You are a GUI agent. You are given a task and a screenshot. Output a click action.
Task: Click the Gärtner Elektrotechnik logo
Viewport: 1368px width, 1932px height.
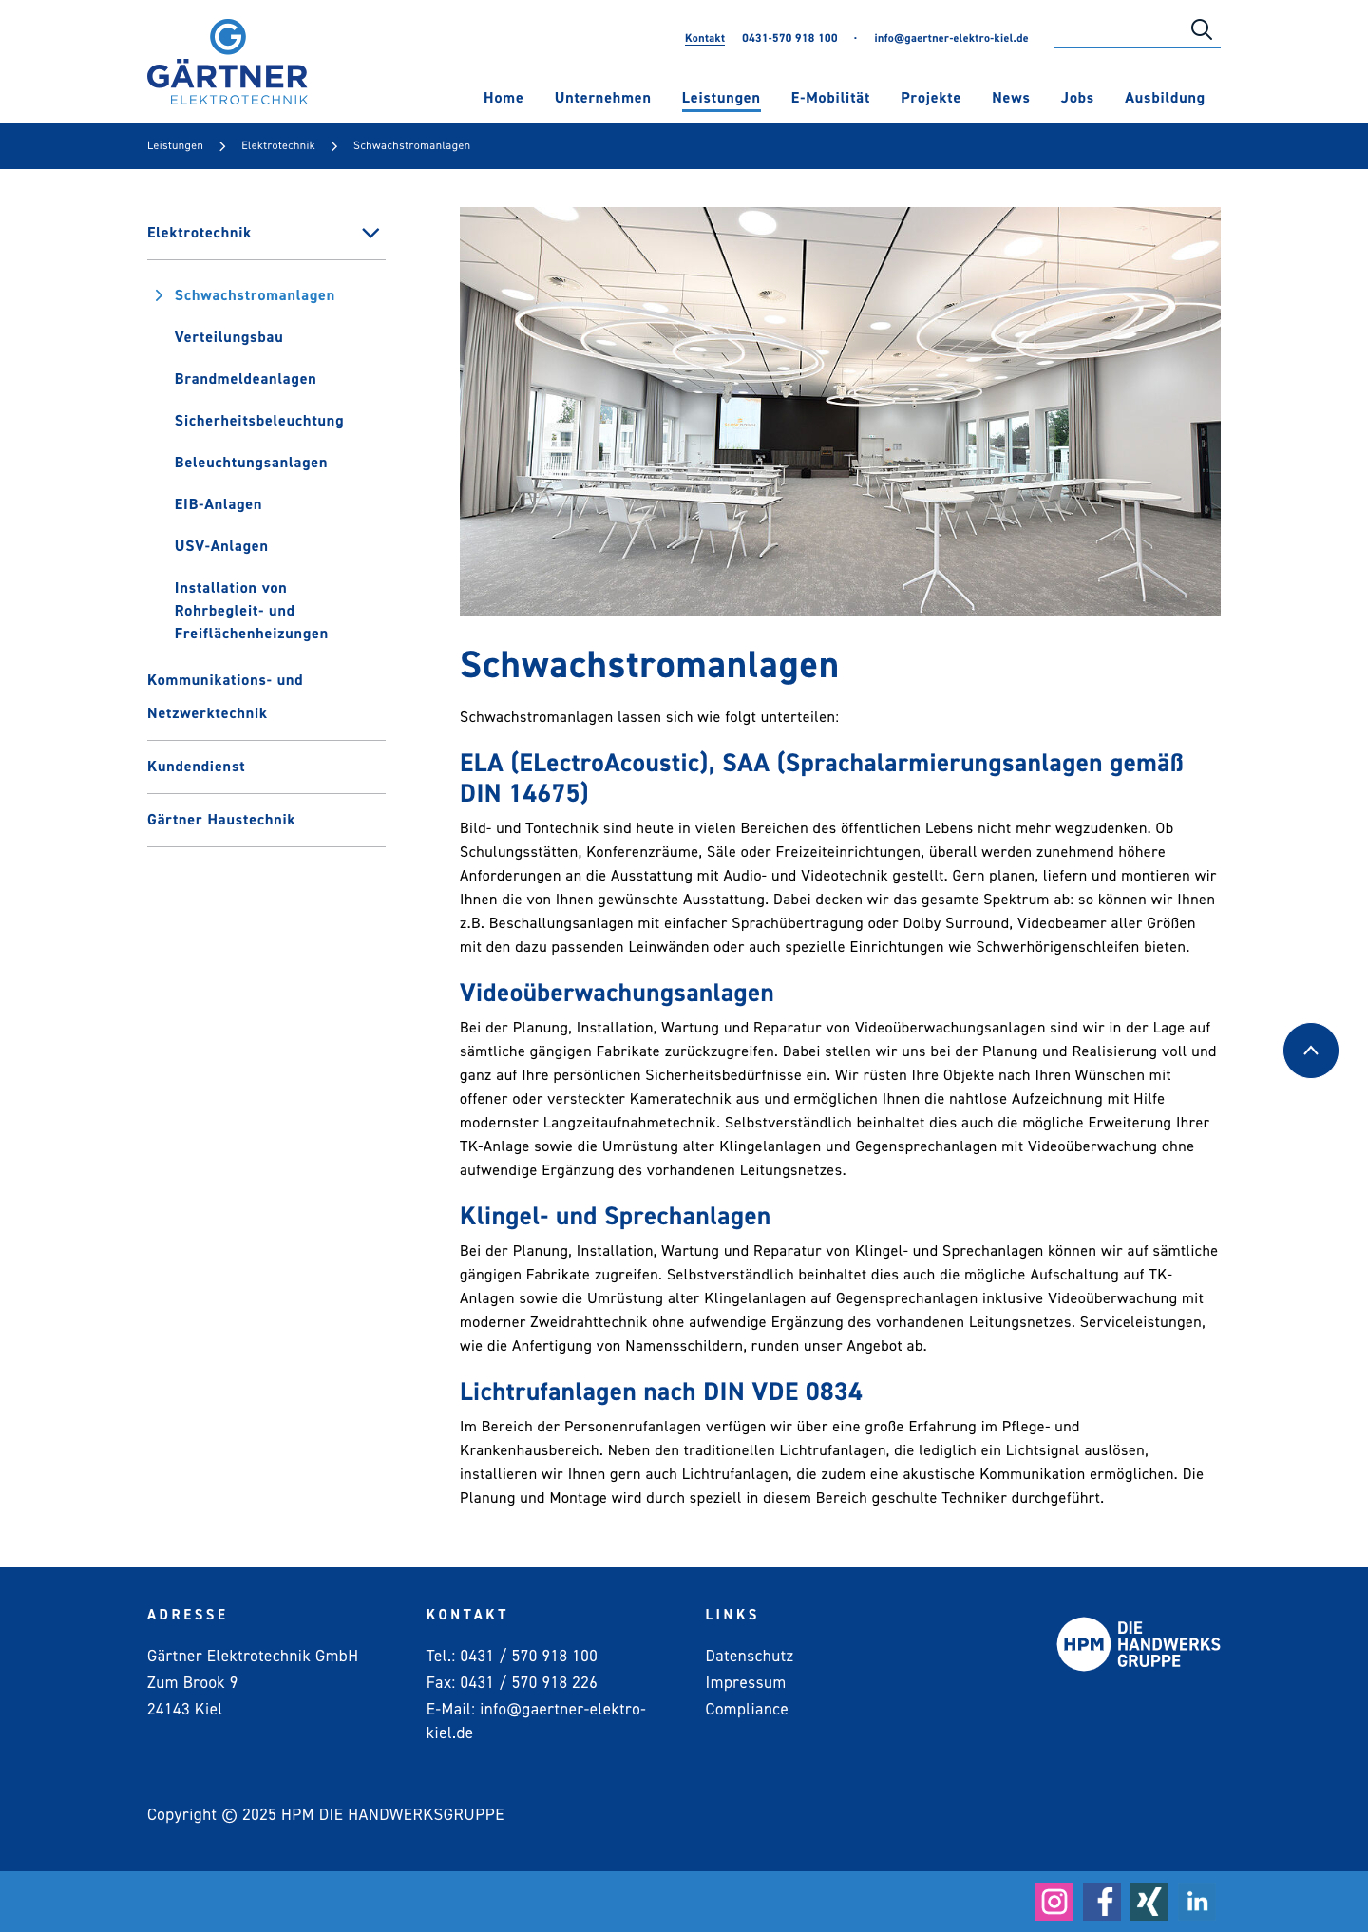point(227,63)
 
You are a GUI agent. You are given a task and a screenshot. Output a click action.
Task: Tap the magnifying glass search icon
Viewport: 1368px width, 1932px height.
point(1201,29)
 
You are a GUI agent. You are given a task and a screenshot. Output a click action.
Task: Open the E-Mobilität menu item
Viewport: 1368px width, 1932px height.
point(830,98)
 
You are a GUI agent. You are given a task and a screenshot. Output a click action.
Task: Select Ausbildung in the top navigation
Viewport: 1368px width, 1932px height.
point(1164,98)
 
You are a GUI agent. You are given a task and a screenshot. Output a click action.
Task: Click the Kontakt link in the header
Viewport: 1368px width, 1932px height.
point(704,39)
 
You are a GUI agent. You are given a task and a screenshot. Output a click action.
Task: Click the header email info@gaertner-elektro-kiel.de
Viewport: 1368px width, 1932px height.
point(951,39)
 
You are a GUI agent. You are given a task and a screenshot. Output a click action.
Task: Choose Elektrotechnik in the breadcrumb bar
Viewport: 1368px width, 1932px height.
point(277,146)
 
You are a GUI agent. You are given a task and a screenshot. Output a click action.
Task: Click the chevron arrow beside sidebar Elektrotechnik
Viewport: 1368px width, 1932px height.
point(370,233)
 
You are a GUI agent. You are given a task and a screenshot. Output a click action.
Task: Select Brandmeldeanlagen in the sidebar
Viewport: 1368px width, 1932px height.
point(245,379)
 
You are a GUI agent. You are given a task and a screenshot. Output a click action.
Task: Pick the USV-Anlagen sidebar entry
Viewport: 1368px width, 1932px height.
point(221,546)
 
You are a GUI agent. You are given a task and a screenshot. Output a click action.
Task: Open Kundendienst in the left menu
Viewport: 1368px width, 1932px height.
point(196,767)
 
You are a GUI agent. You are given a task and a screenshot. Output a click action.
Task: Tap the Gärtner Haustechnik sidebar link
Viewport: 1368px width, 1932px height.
point(221,820)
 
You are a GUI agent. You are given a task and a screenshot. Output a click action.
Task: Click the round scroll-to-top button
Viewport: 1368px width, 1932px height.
point(1310,1051)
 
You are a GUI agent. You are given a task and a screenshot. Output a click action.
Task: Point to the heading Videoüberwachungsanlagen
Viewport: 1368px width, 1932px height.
point(617,993)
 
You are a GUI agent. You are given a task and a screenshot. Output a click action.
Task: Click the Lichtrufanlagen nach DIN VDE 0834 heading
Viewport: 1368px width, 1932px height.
point(660,1392)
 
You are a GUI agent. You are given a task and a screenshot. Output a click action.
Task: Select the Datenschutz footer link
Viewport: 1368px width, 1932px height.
point(749,1656)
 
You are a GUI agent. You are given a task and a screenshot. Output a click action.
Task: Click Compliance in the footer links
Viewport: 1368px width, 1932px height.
point(747,1709)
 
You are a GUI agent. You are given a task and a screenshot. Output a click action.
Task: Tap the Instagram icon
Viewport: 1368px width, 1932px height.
point(1054,1901)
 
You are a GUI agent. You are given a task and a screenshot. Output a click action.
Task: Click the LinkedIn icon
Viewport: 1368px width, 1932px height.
point(1197,1901)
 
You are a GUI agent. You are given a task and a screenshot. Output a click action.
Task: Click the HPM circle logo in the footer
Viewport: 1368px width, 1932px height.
point(1083,1644)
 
